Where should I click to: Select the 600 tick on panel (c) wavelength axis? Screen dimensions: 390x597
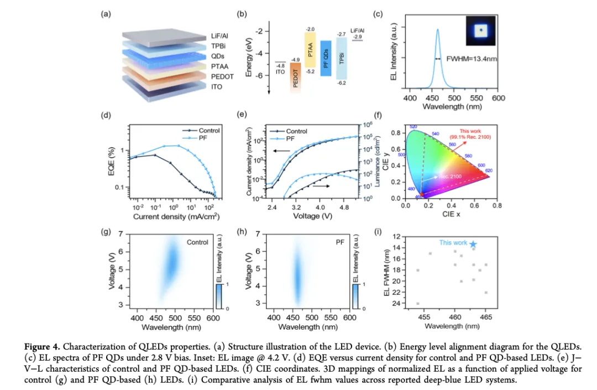click(498, 98)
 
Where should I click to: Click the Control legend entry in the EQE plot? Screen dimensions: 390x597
click(208, 131)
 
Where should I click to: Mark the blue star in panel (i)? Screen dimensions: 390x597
click(473, 244)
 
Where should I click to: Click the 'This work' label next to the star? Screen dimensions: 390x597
click(453, 242)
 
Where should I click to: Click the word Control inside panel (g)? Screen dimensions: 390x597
click(197, 242)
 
